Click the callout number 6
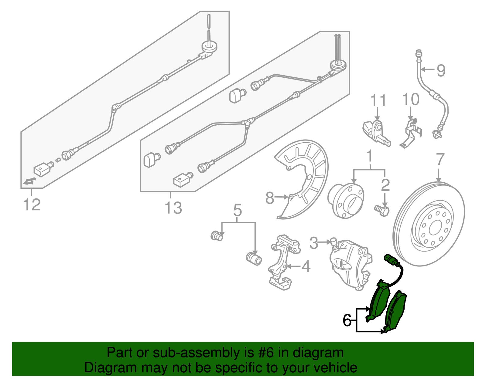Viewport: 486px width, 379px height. coord(347,320)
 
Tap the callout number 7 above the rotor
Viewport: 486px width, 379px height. coord(440,160)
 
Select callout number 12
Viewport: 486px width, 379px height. coord(32,205)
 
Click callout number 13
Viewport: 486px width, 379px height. coord(173,208)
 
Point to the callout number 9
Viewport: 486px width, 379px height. coord(441,70)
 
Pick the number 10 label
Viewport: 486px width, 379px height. coord(411,100)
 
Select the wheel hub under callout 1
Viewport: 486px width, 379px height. coord(346,200)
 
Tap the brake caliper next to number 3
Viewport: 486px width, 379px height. coord(349,264)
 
